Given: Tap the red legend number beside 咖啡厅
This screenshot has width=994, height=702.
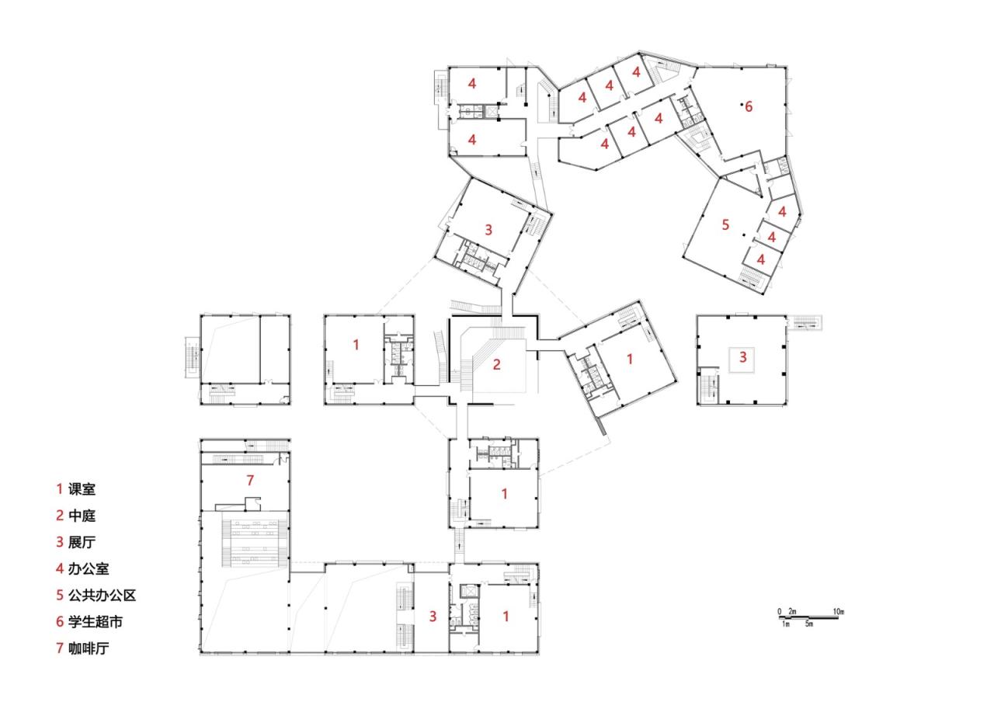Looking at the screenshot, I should (x=59, y=648).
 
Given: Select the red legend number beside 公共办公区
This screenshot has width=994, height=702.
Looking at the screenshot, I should (x=59, y=596).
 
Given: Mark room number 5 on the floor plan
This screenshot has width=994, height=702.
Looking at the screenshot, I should (x=725, y=225).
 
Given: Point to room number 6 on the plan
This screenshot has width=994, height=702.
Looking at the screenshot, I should (x=749, y=107).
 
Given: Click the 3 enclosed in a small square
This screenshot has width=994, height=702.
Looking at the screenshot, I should (x=742, y=358).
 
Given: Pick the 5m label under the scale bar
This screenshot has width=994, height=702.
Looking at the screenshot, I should (x=809, y=624).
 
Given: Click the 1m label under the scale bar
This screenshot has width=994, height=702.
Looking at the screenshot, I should (x=786, y=624).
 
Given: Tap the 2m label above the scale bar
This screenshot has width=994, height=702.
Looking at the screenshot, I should (x=792, y=613).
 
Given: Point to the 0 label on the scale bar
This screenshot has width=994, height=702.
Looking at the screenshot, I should (x=779, y=613).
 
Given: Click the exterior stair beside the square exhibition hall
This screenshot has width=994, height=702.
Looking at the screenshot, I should (x=805, y=322).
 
